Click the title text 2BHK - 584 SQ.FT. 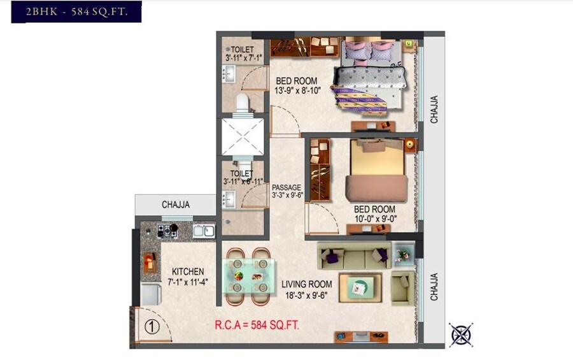pos(76,12)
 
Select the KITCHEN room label pos(188,271)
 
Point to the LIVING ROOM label pos(308,284)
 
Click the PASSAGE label pos(286,187)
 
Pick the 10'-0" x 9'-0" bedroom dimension pos(374,219)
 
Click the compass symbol pos(460,334)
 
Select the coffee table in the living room pos(360,288)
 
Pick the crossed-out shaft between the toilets pos(242,136)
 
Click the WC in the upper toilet pos(242,104)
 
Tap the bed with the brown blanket pos(377,171)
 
